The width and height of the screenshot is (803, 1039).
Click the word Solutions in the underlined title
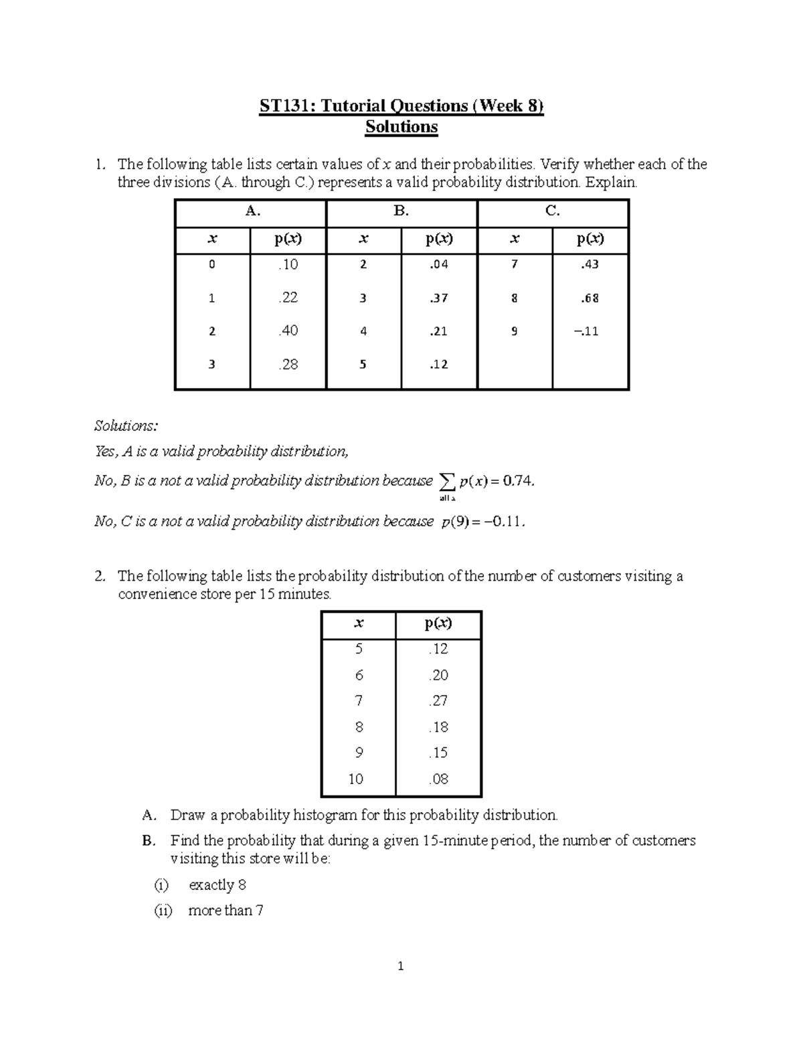[x=401, y=127]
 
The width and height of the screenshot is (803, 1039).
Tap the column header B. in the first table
[x=401, y=211]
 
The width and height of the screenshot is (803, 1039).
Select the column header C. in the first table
[x=552, y=211]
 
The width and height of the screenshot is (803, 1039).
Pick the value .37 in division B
[x=438, y=298]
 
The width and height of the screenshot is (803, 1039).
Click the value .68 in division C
[x=590, y=298]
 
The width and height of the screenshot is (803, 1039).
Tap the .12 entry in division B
[x=438, y=364]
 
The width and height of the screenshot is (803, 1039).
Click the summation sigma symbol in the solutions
[x=446, y=481]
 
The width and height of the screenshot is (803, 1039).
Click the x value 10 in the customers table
[x=356, y=779]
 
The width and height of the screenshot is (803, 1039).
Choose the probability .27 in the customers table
[x=438, y=700]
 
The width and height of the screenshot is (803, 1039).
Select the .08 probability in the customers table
[x=438, y=779]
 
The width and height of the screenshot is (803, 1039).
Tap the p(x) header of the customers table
[x=438, y=624]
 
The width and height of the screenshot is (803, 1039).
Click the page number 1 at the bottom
[x=401, y=966]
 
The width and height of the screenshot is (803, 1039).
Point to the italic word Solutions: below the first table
[x=125, y=426]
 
